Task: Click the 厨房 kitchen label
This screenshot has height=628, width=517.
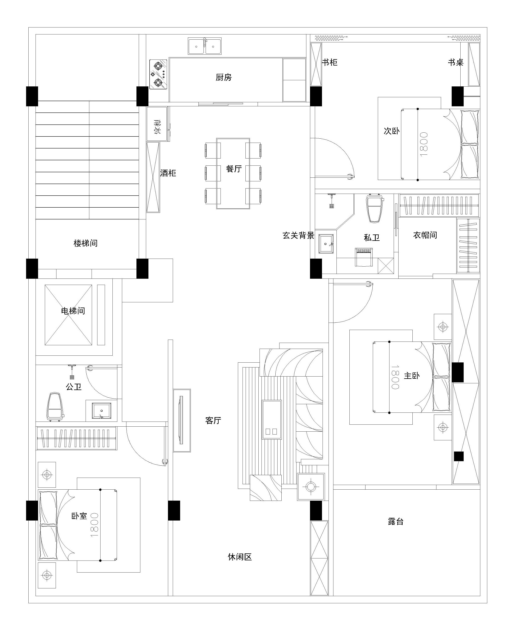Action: (x=224, y=78)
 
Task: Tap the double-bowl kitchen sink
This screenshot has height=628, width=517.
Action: (x=205, y=46)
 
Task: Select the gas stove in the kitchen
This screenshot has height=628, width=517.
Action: (x=158, y=74)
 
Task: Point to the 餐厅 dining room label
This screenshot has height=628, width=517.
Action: (x=234, y=169)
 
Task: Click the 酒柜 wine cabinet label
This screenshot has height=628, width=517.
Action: (x=168, y=173)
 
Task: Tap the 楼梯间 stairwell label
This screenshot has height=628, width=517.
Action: (x=85, y=243)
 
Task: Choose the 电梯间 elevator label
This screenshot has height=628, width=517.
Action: (x=73, y=311)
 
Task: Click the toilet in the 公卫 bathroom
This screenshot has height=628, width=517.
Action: (x=55, y=406)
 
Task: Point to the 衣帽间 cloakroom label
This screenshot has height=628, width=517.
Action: (x=425, y=235)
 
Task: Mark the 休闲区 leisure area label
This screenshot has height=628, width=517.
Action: (x=240, y=557)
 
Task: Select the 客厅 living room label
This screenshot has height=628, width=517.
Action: (x=213, y=420)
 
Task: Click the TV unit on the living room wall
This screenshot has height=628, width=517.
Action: (x=182, y=420)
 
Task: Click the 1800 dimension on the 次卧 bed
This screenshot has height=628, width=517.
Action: (x=423, y=144)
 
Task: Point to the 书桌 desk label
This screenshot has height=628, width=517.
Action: (x=456, y=62)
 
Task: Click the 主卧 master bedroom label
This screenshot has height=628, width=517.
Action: (x=412, y=376)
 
